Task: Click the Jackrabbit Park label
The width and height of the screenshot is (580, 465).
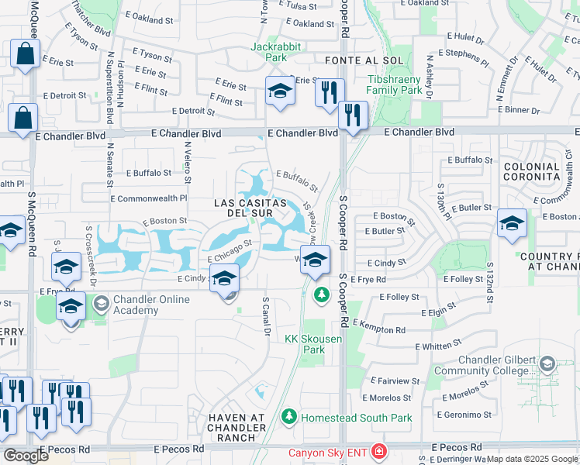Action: (269, 52)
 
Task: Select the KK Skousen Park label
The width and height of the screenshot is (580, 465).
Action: (304, 344)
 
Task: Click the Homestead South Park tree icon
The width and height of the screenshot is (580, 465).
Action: (289, 418)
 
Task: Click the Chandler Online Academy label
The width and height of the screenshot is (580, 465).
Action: (136, 305)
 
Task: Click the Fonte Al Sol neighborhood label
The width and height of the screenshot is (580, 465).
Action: (355, 60)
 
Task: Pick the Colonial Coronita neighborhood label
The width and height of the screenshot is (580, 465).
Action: (532, 171)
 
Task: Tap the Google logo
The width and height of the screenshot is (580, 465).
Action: (26, 455)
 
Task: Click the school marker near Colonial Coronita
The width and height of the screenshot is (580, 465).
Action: (512, 225)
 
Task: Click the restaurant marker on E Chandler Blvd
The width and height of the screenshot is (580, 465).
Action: (354, 115)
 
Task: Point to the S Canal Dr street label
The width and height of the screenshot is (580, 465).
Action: (266, 316)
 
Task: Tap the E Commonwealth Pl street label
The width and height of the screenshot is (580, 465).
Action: (149, 198)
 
